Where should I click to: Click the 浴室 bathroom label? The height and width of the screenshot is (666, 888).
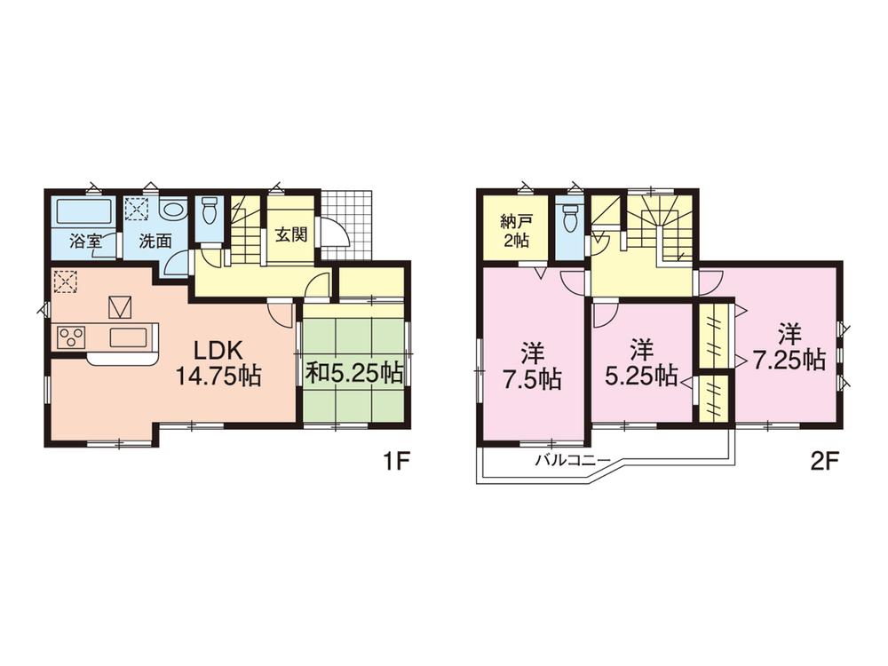85,242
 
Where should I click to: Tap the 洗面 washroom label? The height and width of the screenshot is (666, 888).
155,242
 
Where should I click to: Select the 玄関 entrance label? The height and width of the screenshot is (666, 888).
291,234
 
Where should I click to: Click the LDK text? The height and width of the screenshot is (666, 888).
218,352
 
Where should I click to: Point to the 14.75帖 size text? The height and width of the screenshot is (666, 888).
218,376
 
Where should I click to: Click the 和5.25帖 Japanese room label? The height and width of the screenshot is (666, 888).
354,373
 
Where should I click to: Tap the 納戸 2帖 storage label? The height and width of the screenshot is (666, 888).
515,232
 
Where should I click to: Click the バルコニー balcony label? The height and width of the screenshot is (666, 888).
572,460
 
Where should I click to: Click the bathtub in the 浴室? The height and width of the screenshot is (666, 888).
83,211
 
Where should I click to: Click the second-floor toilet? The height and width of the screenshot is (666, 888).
568,218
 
